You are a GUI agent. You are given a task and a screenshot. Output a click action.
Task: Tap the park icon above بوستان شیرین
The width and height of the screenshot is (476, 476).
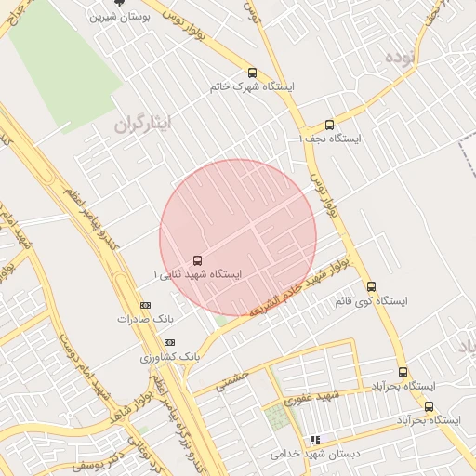[117, 3]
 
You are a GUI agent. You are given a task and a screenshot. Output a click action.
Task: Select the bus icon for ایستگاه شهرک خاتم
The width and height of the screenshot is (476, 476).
[252, 73]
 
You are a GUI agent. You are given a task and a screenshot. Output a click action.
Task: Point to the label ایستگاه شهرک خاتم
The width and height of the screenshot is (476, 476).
[253, 86]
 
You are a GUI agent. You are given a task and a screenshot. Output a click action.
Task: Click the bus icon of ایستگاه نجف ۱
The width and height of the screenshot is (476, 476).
[329, 125]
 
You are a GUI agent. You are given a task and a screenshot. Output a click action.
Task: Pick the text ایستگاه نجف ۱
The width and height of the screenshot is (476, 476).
[330, 139]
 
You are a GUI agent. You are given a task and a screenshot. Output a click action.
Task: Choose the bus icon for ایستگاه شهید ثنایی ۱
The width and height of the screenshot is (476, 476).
[197, 261]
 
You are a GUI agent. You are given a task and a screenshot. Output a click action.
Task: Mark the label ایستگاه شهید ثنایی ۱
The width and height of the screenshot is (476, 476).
[197, 275]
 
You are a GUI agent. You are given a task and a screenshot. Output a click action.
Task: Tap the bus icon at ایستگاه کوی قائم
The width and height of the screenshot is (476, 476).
[371, 287]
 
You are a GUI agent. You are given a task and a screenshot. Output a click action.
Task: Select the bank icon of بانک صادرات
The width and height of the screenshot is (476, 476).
[145, 305]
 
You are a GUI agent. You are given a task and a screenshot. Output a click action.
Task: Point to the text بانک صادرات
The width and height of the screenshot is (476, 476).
[145, 319]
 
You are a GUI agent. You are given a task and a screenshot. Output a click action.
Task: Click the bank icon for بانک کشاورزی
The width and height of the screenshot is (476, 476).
[169, 342]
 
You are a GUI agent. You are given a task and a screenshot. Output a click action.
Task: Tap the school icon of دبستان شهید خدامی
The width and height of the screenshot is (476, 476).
[315, 440]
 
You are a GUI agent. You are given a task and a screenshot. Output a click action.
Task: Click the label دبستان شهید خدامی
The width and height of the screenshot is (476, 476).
[315, 455]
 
